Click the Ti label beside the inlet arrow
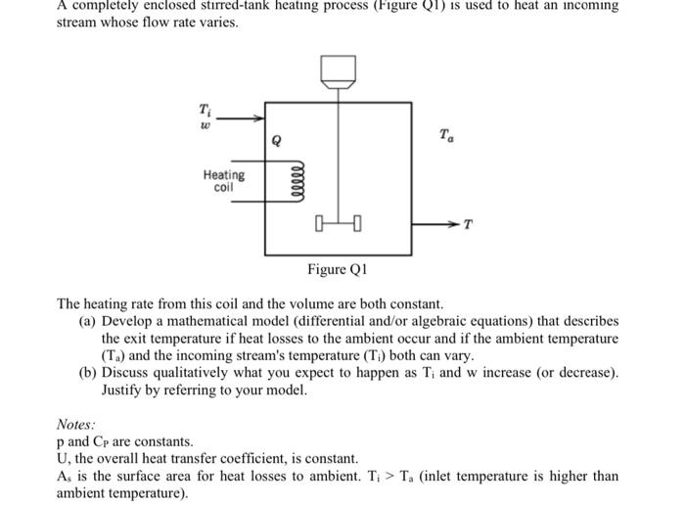[205, 109]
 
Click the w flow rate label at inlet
[205, 124]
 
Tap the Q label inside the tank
[278, 142]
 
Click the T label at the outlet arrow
[468, 225]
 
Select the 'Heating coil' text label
[224, 181]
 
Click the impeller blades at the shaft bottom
[338, 230]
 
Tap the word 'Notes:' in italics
[75, 425]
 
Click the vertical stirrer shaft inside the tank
[338, 157]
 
